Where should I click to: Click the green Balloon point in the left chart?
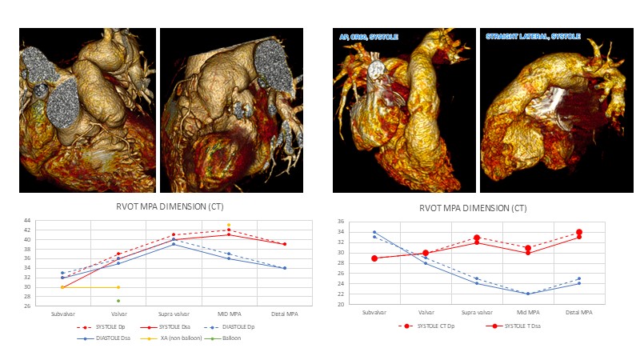118,301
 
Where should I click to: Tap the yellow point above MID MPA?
228,225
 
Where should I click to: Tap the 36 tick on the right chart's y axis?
339,222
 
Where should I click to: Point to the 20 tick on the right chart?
339,305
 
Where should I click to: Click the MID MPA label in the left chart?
229,314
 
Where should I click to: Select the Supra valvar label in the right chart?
477,312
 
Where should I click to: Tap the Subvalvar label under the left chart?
63,314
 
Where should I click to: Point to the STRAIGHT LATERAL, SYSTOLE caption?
533,37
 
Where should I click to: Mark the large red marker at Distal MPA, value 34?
578,232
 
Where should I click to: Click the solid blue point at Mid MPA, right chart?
527,294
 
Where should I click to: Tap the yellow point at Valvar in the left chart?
118,286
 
